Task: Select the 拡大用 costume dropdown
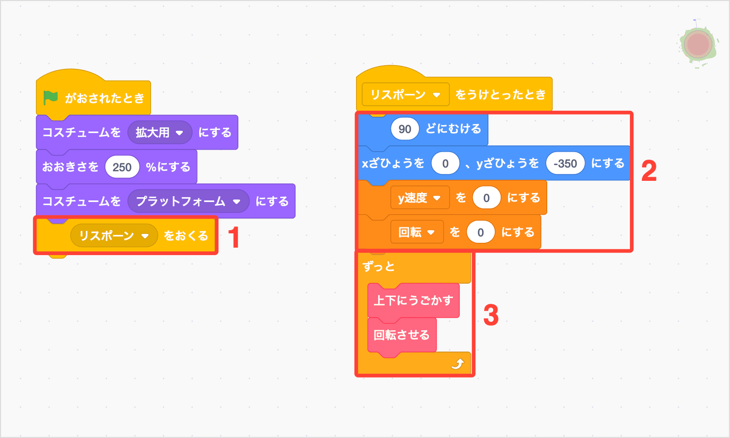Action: (x=159, y=133)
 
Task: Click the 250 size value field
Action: (x=122, y=167)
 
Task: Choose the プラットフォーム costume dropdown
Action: (x=188, y=202)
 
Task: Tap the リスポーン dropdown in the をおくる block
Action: (x=114, y=235)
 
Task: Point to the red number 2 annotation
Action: (x=649, y=171)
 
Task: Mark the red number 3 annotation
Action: (x=491, y=316)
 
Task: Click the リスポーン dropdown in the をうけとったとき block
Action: (x=405, y=95)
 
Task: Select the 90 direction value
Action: (x=405, y=128)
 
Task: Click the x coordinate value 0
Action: (x=445, y=163)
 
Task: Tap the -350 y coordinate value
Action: (x=565, y=163)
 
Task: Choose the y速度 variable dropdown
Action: (x=420, y=198)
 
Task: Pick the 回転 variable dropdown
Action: (x=416, y=232)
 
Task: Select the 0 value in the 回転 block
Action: (x=480, y=232)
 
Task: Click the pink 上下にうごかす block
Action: (x=413, y=301)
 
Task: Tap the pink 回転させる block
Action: (x=402, y=335)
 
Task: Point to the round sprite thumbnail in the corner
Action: (x=698, y=45)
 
